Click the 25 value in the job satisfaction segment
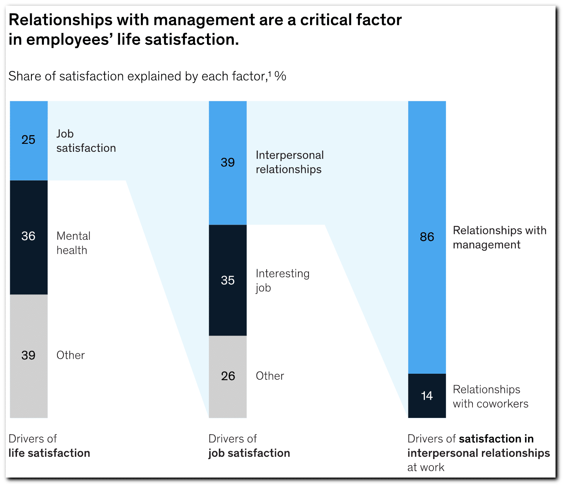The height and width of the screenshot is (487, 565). [x=28, y=140]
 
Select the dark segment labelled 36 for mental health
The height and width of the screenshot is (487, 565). [x=29, y=237]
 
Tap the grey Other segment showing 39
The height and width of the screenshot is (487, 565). [x=29, y=355]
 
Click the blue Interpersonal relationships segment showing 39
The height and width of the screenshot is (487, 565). [x=228, y=163]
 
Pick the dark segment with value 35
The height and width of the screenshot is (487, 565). [x=228, y=280]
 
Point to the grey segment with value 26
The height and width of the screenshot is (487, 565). [x=228, y=376]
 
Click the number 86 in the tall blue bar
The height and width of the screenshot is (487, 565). [x=427, y=237]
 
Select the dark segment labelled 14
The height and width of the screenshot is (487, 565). [x=427, y=396]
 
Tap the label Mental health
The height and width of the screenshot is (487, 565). [x=73, y=243]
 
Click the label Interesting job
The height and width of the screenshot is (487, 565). [x=282, y=280]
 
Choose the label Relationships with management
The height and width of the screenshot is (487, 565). [x=499, y=237]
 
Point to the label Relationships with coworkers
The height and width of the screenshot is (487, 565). [x=490, y=396]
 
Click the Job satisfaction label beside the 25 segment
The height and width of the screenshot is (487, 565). [x=86, y=141]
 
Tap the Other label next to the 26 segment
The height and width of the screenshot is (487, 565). [x=270, y=376]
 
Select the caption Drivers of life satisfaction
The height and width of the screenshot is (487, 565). [x=49, y=446]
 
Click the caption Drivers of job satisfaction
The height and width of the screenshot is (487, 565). [x=249, y=446]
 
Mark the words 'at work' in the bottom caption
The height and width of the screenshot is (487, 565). [x=426, y=467]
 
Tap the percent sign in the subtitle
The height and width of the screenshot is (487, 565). [x=280, y=76]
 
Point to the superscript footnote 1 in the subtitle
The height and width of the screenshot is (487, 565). [x=269, y=74]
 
